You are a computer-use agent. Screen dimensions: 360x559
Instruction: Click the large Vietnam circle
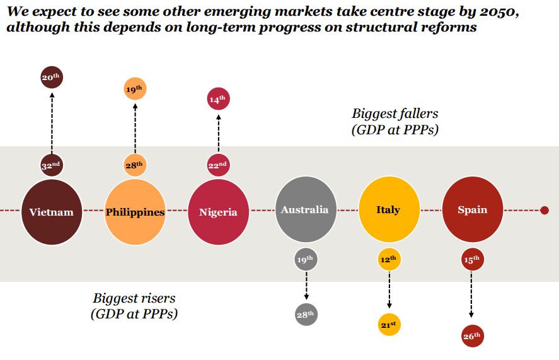pos(51,211)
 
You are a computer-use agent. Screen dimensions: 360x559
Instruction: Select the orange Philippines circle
pos(135,211)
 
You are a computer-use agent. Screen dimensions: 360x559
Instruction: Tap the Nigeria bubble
pos(218,211)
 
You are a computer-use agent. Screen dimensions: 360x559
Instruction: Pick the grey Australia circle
pos(305,209)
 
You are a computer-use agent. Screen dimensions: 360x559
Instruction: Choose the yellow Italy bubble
pos(388,209)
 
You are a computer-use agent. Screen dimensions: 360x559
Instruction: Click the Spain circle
pos(472,209)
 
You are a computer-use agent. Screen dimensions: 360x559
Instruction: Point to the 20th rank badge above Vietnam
pos(51,78)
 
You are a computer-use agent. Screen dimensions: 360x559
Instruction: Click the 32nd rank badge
pos(51,165)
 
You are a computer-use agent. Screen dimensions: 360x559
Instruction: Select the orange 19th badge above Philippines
pos(135,90)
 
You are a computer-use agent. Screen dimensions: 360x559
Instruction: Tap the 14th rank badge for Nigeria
pos(218,99)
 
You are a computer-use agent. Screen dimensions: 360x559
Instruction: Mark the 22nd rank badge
pos(218,165)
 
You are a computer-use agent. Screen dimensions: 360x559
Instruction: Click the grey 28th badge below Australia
pos(306,314)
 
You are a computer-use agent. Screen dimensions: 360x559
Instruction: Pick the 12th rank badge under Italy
pos(389,258)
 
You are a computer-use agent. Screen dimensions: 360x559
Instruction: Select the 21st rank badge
pos(389,324)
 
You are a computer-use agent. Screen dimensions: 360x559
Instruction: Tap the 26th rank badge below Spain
pos(472,336)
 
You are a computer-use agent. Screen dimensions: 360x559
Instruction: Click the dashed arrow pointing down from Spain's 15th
pos(472,294)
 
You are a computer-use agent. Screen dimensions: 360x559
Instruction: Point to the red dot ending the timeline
pos(545,210)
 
